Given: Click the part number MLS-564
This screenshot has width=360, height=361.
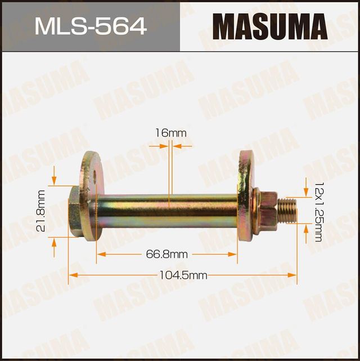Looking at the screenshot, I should click(x=90, y=26).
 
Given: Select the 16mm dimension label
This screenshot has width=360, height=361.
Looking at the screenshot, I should click(x=170, y=133).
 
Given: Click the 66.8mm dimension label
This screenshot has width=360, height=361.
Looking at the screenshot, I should click(x=166, y=255).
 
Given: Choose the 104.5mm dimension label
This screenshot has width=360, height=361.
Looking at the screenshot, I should click(x=183, y=275).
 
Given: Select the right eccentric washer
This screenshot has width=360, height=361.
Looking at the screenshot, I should click(x=245, y=197).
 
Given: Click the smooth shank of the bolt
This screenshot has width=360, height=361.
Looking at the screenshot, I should click(x=169, y=210).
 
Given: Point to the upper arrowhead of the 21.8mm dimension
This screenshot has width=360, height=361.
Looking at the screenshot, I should click(x=54, y=181).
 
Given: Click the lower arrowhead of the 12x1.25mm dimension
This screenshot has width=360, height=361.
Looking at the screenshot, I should click(x=306, y=226).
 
